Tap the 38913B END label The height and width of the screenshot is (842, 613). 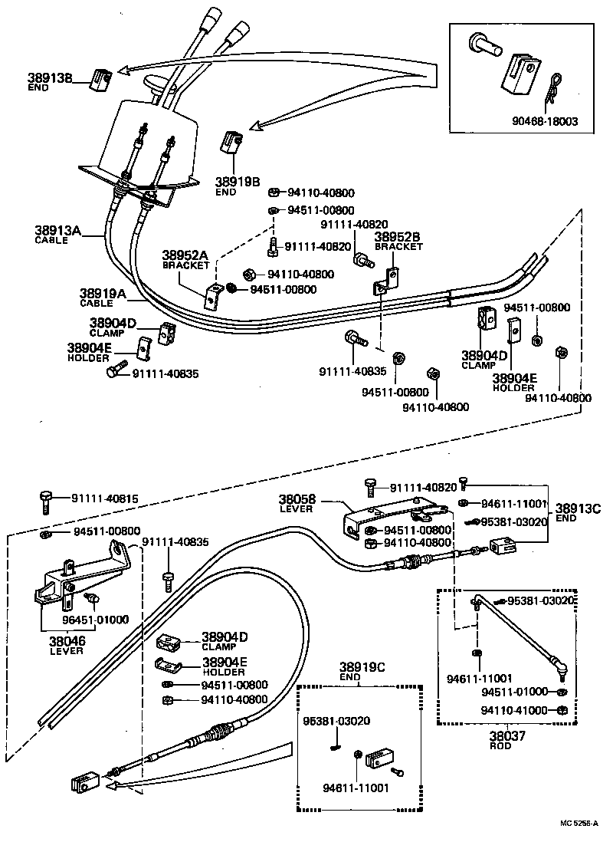48,82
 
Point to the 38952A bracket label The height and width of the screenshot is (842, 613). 185,258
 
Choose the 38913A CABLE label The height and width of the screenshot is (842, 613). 57,233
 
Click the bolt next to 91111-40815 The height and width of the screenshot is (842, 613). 45,502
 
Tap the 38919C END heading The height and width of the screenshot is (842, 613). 361,673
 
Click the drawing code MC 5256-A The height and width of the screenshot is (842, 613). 579,824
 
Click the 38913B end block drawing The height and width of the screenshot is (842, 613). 101,78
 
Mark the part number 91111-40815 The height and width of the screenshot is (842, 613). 106,498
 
